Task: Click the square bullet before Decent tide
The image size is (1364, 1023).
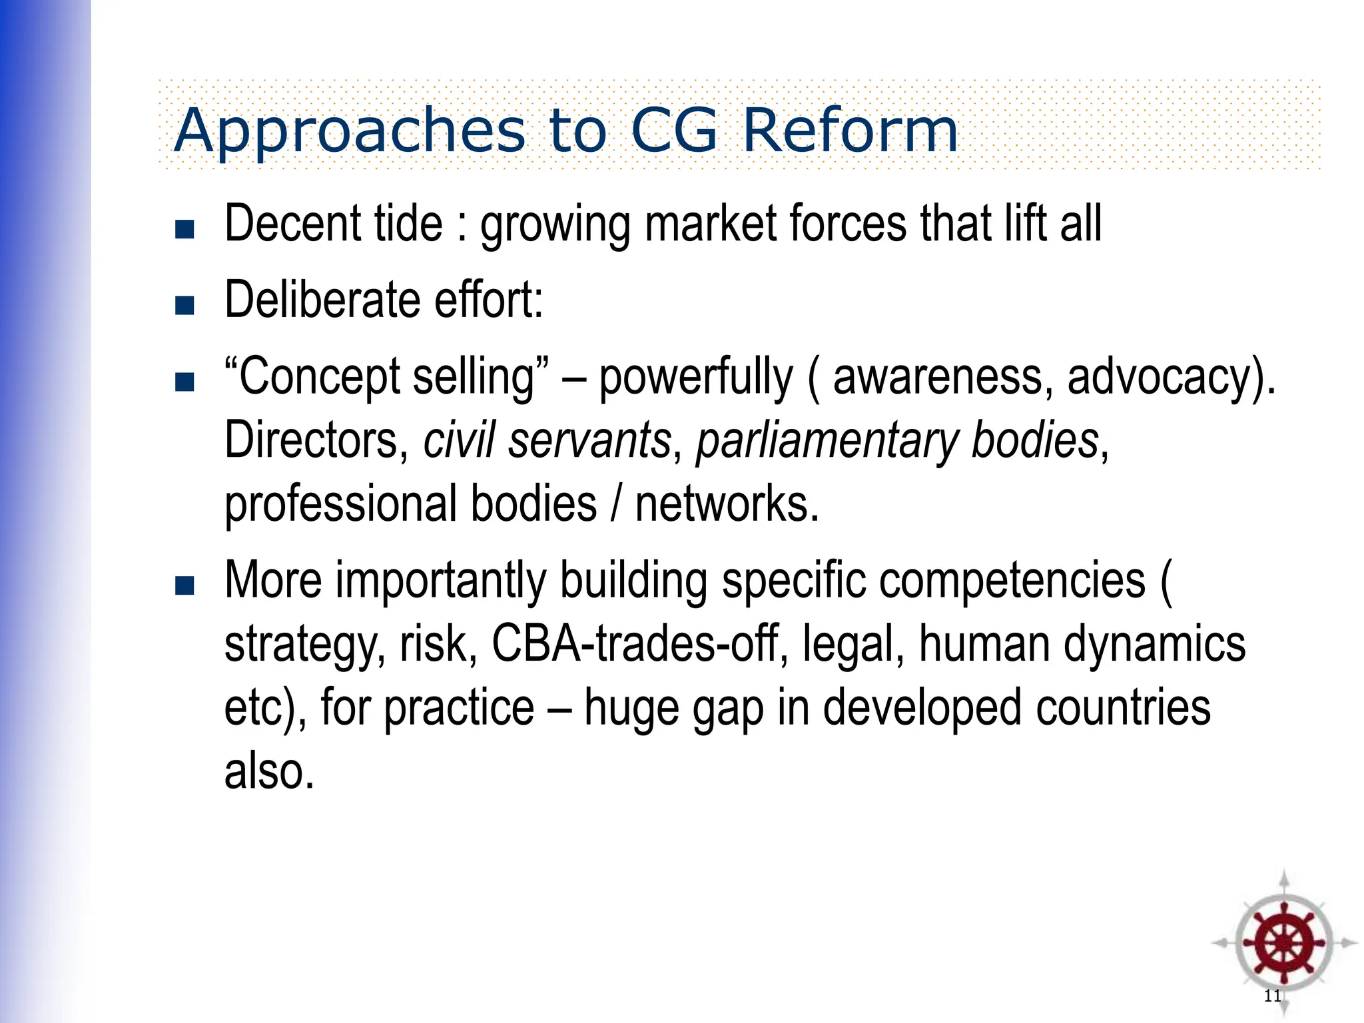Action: (184, 229)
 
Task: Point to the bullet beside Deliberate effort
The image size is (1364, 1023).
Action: (184, 305)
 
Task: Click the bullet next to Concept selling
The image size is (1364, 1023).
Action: (184, 382)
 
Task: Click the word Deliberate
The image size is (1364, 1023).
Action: (322, 300)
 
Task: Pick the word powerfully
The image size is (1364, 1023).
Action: (696, 378)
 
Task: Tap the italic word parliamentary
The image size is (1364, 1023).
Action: (827, 441)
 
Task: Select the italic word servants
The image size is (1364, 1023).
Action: (589, 441)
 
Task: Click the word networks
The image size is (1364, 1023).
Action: (727, 504)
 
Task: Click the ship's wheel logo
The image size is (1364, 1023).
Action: (1283, 943)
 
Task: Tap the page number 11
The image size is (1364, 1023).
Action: (1272, 996)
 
